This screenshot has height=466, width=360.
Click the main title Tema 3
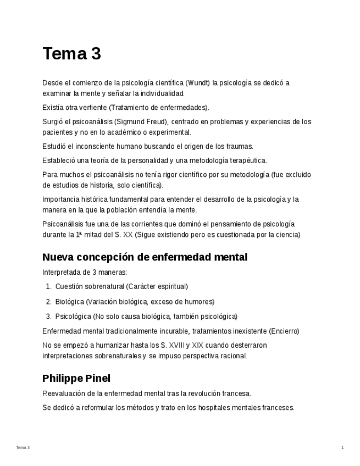[x=71, y=54]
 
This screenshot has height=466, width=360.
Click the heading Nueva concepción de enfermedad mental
[x=145, y=257]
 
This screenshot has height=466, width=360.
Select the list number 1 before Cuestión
[x=48, y=286]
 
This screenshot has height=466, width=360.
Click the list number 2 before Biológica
[x=48, y=302]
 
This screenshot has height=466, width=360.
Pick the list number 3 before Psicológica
[x=48, y=317]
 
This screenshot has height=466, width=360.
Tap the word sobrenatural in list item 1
[x=104, y=286]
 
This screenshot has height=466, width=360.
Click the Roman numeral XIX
[x=197, y=346]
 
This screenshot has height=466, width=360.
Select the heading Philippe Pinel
[x=76, y=379]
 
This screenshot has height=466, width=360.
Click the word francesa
[x=234, y=393]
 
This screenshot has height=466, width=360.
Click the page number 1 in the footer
[x=342, y=448]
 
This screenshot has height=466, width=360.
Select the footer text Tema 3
[x=23, y=448]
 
